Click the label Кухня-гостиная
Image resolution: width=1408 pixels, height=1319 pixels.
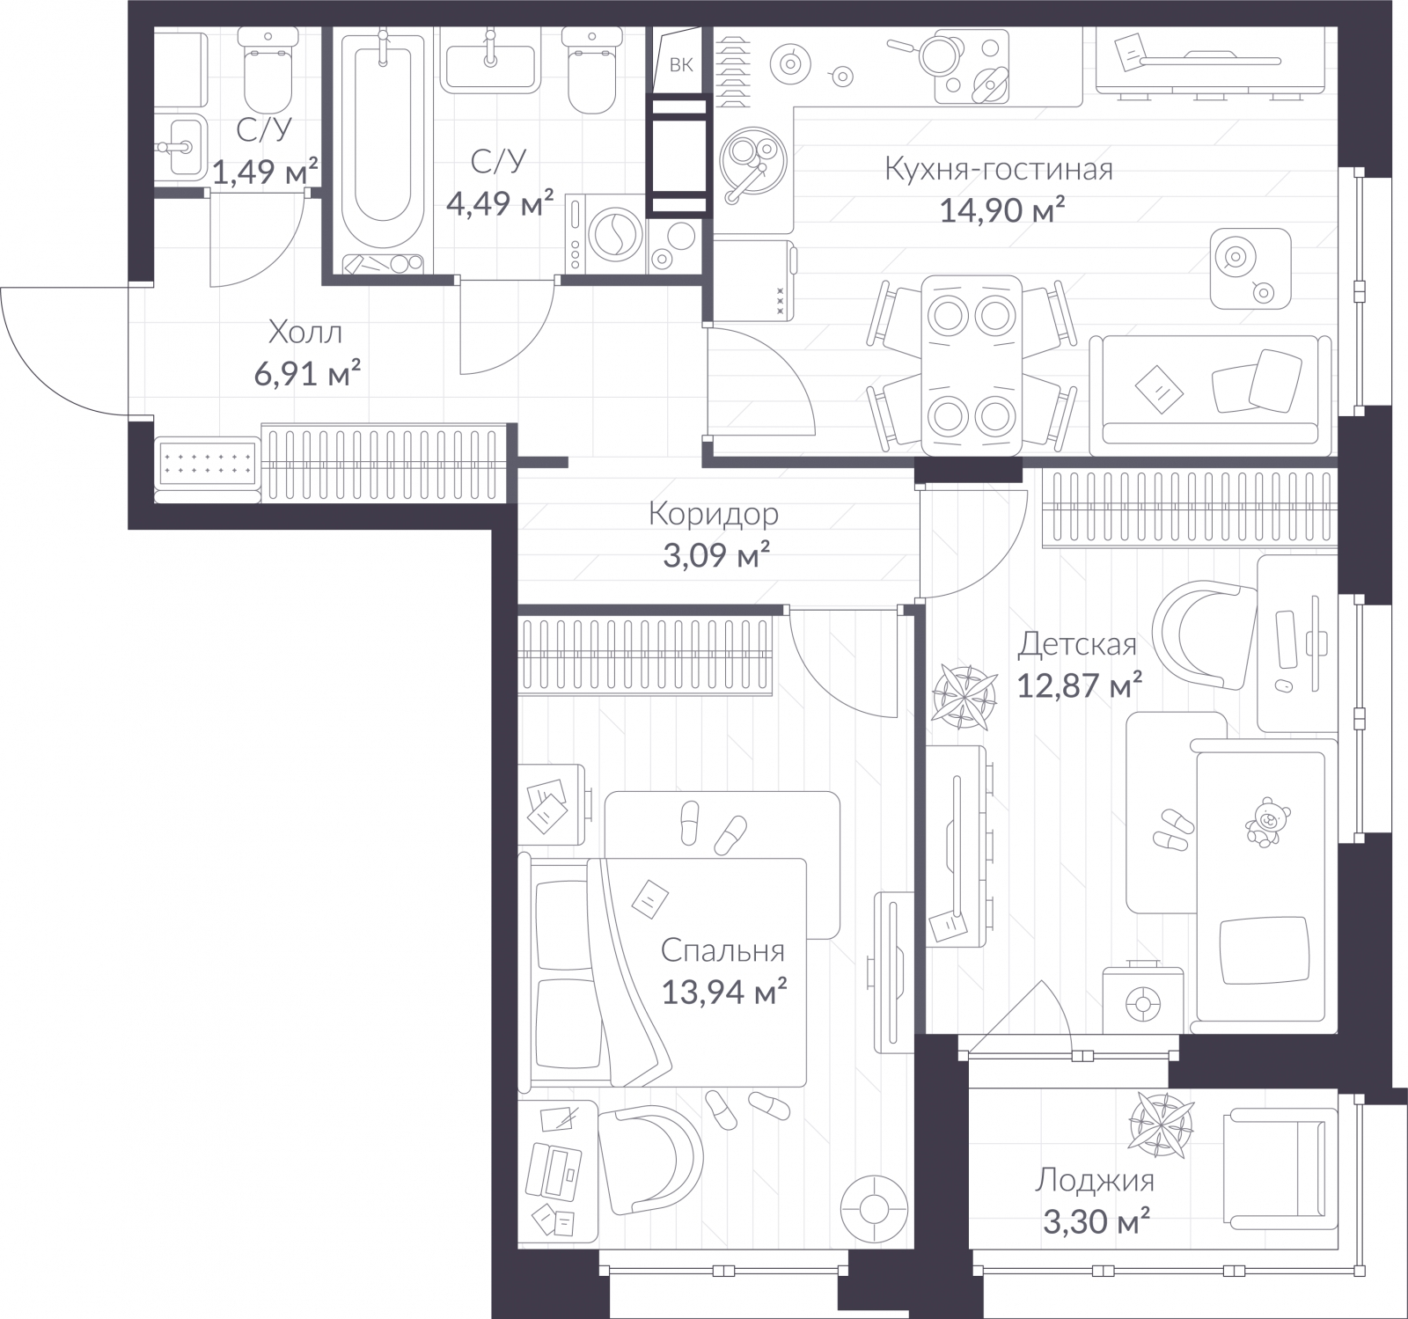coord(998,169)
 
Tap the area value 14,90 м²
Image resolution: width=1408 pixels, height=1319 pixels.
coord(1002,211)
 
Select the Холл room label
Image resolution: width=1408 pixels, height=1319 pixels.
coord(304,333)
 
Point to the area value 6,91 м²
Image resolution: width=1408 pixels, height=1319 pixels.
coord(307,374)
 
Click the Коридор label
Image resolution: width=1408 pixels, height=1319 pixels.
coord(713,514)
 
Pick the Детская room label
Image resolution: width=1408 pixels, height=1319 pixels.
coord(1077,644)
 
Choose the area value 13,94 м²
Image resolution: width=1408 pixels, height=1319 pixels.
coord(723,993)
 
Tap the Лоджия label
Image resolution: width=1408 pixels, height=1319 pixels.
coord(1094,1180)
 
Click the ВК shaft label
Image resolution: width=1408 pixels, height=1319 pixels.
coord(681,64)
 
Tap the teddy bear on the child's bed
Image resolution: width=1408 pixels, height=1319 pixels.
coord(1264,822)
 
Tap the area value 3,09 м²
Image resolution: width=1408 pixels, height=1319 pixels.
coord(716,556)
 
